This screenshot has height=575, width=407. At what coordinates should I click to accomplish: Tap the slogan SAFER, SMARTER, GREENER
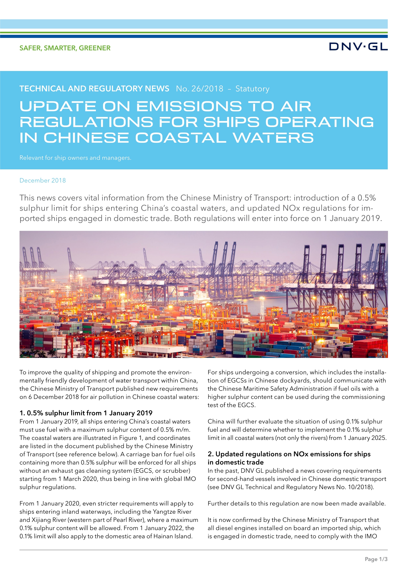coord(65,48)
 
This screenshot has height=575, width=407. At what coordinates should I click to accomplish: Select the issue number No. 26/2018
coord(200,89)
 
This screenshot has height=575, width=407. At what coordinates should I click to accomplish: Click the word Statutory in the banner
coord(252,89)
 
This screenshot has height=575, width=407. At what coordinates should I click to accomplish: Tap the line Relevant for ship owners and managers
coord(75,158)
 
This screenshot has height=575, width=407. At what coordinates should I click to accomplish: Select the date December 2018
coord(43,181)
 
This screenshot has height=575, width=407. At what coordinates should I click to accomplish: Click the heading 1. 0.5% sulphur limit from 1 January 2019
coord(86,413)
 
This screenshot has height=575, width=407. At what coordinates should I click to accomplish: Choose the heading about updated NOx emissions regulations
coord(289,458)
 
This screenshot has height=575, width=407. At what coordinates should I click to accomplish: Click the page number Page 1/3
coord(376,559)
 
